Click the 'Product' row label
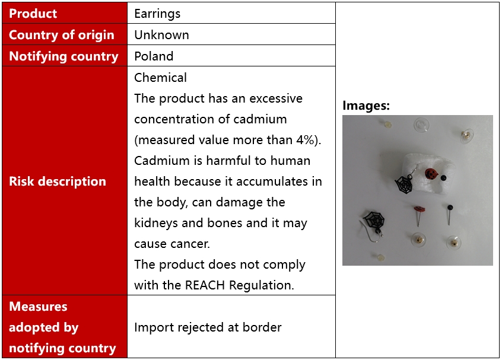33,14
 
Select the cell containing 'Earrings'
231,13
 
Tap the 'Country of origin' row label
62,34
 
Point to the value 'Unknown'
161,35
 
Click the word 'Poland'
154,56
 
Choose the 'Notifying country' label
63,56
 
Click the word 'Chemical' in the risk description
160,78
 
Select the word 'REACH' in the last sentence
205,285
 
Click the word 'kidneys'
156,224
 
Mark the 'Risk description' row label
58,181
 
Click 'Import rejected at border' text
208,327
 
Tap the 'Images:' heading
366,106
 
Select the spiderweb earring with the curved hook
373,225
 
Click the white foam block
427,177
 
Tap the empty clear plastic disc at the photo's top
421,125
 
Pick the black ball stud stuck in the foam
443,177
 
